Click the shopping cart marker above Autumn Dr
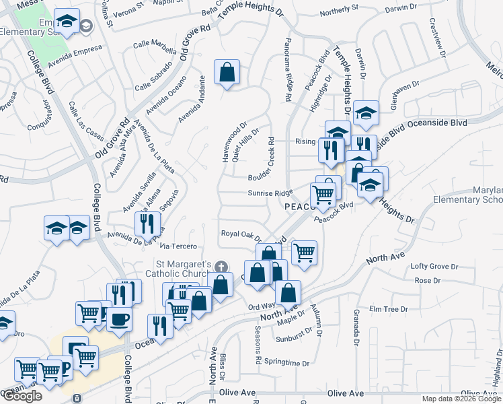pyautogui.click(x=305, y=253)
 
